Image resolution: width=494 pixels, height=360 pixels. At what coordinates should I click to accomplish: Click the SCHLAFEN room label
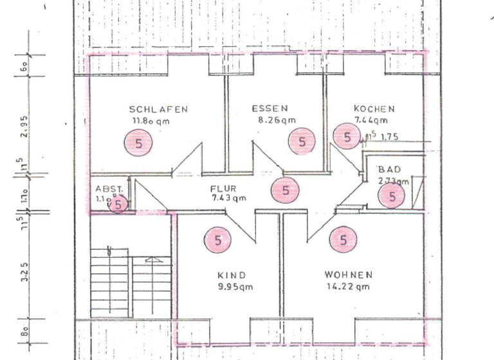[x=158, y=109]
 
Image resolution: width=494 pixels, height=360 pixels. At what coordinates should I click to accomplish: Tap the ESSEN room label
[x=270, y=109]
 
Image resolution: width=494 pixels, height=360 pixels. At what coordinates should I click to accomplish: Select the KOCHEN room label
[x=374, y=109]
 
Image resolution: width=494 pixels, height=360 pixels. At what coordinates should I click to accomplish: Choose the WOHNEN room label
[x=349, y=275]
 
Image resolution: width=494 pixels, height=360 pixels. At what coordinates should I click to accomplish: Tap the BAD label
[x=390, y=169]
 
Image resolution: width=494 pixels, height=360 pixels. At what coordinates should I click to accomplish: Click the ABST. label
[x=107, y=189]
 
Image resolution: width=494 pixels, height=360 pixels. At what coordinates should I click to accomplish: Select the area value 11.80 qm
[x=152, y=120]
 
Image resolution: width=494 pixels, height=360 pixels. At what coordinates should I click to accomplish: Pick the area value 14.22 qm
[x=348, y=287]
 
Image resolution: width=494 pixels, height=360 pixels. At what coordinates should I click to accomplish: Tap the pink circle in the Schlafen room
[x=138, y=143]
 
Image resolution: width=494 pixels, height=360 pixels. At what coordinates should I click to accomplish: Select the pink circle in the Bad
[x=392, y=197]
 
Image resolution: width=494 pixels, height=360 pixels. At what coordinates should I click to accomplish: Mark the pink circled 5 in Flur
[x=286, y=190]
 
